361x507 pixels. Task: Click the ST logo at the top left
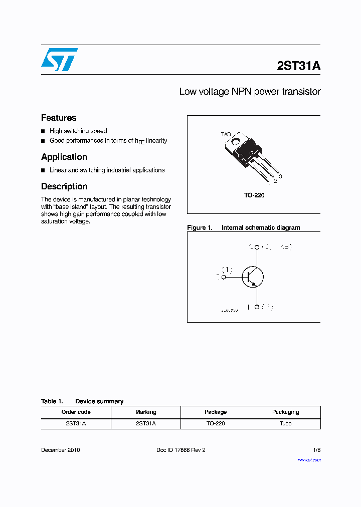click(x=59, y=60)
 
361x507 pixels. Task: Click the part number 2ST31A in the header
click(x=298, y=66)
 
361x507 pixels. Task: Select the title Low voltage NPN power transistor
click(x=250, y=92)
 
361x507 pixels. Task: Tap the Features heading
click(x=59, y=118)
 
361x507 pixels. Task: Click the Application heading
click(x=64, y=157)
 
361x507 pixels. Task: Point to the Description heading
click(x=64, y=186)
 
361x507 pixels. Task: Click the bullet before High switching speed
click(x=44, y=131)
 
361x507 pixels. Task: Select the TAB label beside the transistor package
click(x=226, y=135)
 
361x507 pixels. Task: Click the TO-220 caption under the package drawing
click(x=254, y=195)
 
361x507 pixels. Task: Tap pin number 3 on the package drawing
click(x=281, y=177)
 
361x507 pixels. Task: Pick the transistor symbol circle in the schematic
click(x=253, y=277)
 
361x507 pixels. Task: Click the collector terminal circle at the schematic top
click(x=257, y=247)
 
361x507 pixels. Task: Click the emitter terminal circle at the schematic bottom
click(x=257, y=307)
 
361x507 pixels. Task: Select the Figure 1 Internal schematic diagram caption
click(x=244, y=227)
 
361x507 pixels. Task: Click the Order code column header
click(x=76, y=412)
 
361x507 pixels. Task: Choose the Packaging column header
click(x=285, y=412)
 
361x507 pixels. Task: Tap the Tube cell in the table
click(x=285, y=423)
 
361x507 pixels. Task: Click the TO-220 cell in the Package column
click(x=216, y=423)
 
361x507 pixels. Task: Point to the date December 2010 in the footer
click(x=60, y=450)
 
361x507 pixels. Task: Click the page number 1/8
click(x=316, y=450)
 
